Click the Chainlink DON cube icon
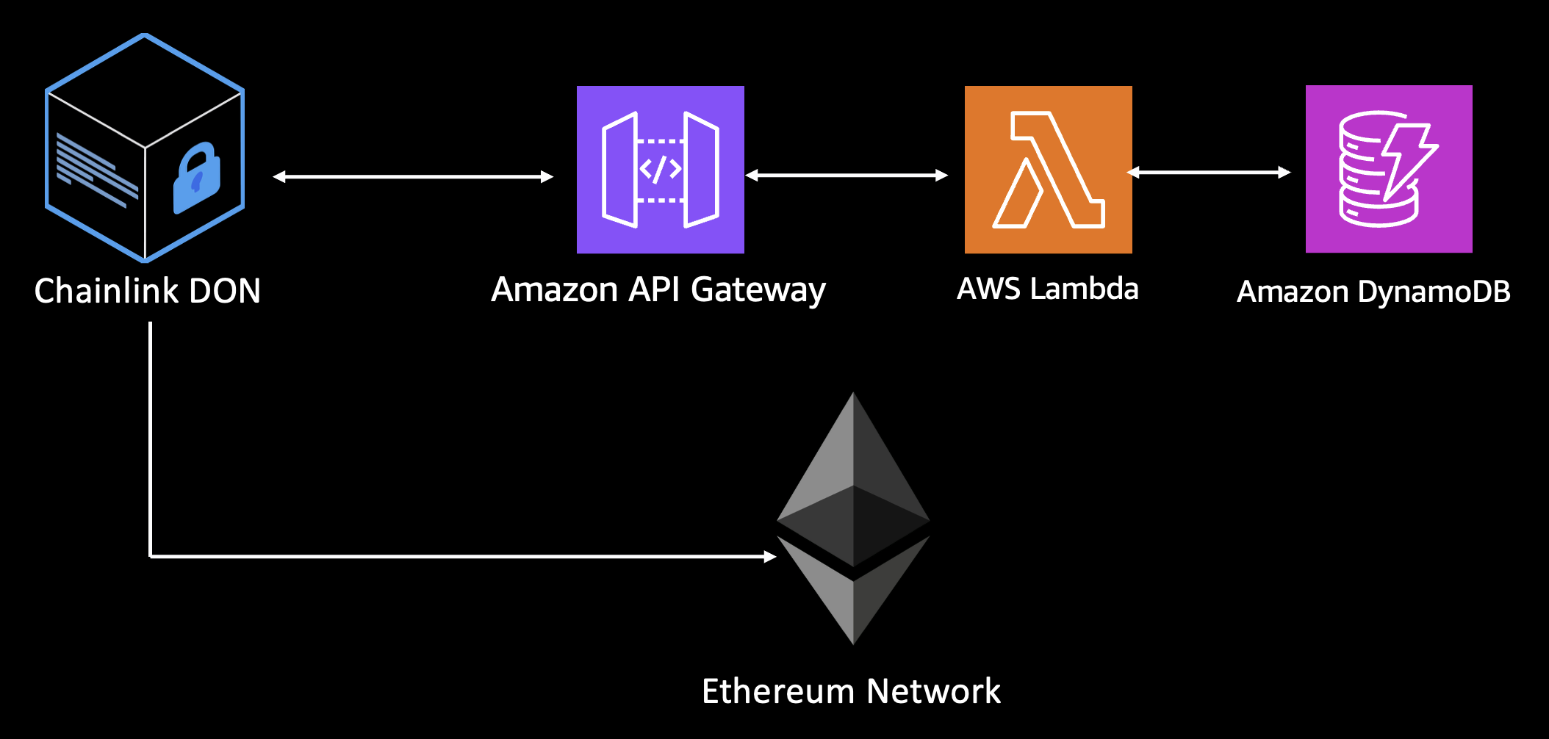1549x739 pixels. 145,148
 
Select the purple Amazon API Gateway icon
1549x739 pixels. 660,170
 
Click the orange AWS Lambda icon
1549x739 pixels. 1048,170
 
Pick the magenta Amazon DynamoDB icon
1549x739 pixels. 1389,169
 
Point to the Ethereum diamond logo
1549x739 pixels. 853,518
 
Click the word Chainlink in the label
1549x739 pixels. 107,291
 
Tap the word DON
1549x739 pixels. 225,291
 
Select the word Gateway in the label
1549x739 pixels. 758,290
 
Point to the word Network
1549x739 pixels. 933,691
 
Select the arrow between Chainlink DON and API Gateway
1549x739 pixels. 413,176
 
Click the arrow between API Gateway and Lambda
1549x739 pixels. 847,175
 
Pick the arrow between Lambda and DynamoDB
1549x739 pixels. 1209,172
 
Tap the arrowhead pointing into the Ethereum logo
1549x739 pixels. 769,557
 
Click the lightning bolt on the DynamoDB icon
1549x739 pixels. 1407,162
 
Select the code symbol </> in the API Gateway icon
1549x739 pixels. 660,170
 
